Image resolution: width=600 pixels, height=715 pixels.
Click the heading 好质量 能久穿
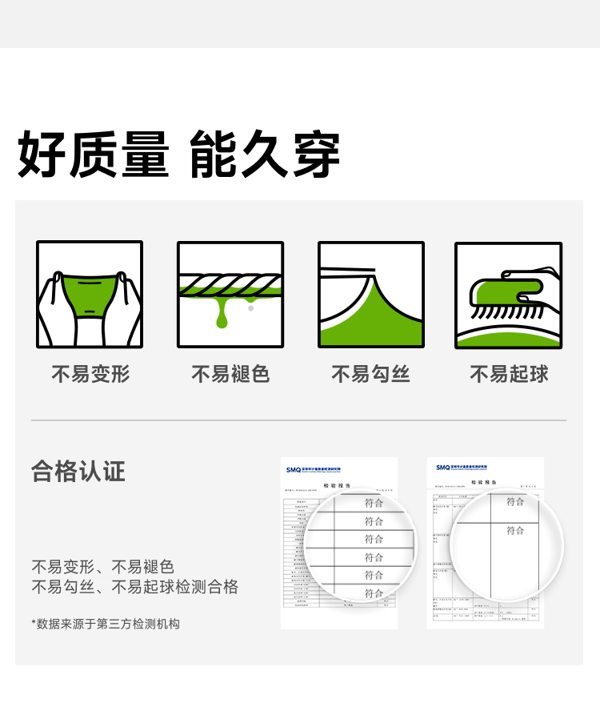pyautogui.click(x=179, y=155)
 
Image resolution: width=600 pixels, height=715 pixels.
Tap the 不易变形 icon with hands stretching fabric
pyautogui.click(x=90, y=295)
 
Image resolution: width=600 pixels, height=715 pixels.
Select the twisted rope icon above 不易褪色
pyautogui.click(x=230, y=295)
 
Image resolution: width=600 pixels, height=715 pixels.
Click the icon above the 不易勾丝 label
pyautogui.click(x=371, y=295)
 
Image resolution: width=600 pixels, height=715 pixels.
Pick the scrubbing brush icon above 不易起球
pyautogui.click(x=509, y=295)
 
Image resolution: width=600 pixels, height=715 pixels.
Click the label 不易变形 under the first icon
pyautogui.click(x=90, y=374)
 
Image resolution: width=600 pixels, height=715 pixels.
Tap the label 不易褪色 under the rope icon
pyautogui.click(x=230, y=374)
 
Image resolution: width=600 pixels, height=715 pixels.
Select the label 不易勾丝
pyautogui.click(x=371, y=374)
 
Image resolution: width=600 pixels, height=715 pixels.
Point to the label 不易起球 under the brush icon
pyautogui.click(x=509, y=374)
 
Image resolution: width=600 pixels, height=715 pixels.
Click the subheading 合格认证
pyautogui.click(x=78, y=471)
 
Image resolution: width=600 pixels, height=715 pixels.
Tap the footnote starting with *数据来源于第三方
pyautogui.click(x=106, y=623)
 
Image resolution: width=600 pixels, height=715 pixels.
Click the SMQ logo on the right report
pyautogui.click(x=443, y=467)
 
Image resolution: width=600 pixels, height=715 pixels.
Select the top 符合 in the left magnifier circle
pyautogui.click(x=374, y=503)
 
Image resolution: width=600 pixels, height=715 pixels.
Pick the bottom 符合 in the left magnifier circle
pyautogui.click(x=374, y=593)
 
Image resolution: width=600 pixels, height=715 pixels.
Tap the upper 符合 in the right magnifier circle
pyautogui.click(x=515, y=501)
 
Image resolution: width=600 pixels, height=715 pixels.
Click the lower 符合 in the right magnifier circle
pyautogui.click(x=515, y=530)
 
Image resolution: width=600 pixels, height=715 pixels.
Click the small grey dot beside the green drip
pyautogui.click(x=251, y=307)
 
